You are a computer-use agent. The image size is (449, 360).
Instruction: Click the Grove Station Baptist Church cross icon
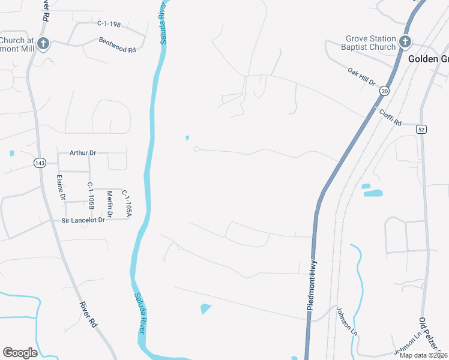[x=405, y=41]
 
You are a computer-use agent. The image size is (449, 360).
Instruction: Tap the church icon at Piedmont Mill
[x=43, y=43]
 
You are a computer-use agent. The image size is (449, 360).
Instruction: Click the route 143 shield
[x=40, y=163]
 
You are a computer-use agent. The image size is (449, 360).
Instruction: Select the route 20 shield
[x=384, y=90]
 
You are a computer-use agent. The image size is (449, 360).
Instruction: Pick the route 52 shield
[x=422, y=129]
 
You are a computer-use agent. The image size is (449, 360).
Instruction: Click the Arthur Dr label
[x=83, y=152]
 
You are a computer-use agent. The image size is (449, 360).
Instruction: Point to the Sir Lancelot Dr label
[x=83, y=220]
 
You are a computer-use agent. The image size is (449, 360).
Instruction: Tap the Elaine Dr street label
[x=60, y=187]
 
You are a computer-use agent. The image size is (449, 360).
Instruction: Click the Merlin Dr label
[x=110, y=203]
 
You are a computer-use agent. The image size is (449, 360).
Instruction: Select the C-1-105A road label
[x=126, y=203]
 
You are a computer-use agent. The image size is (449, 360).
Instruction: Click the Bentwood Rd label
[x=117, y=45]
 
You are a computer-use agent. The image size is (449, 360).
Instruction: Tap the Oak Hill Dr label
[x=361, y=76]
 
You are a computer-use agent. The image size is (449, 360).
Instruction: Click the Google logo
[x=20, y=353]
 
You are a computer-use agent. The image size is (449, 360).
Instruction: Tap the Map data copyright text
[x=423, y=355]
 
